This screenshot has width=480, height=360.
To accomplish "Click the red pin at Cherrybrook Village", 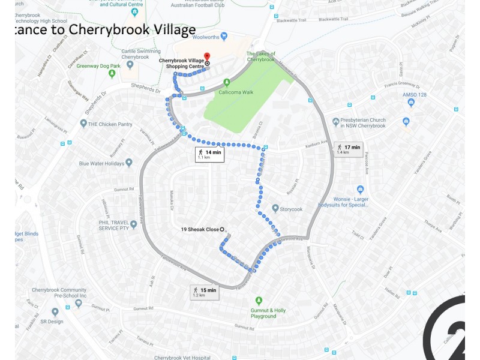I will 207,56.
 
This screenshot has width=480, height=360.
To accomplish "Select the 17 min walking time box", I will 348,149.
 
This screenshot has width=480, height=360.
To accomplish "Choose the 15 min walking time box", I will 204,292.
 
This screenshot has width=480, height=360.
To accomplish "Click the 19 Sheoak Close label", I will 199,229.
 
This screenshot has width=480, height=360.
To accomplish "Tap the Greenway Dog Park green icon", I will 112,74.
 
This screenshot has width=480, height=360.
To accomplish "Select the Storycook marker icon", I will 275,209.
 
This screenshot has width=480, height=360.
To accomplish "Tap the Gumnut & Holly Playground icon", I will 259,300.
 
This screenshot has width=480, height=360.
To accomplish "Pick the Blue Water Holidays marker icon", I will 128,163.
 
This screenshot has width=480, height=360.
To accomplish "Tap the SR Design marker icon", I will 55,312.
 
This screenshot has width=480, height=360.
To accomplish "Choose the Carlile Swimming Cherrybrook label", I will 141,54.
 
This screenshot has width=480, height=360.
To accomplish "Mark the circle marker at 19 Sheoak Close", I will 222,229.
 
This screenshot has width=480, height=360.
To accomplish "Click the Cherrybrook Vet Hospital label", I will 182,358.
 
